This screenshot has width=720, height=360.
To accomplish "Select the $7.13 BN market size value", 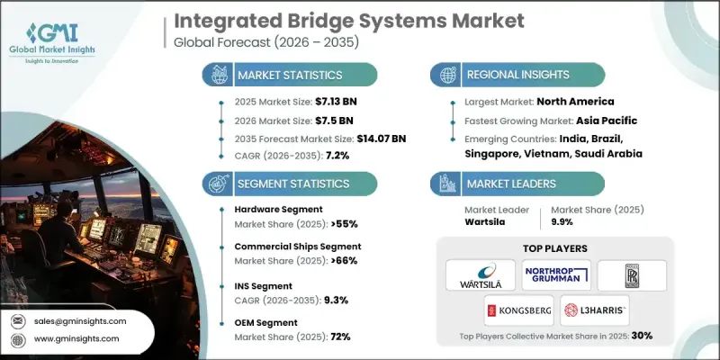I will coord(321,102).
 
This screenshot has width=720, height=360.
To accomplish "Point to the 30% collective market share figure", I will coord(641,335).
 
